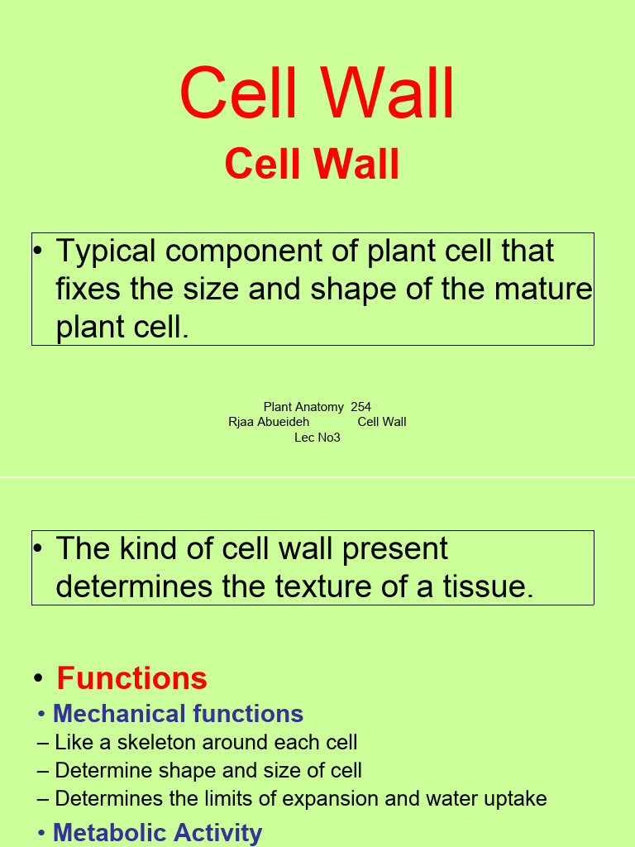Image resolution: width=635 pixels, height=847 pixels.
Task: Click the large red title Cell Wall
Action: pyautogui.click(x=317, y=94)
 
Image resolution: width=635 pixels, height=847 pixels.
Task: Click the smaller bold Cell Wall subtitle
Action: pyautogui.click(x=312, y=164)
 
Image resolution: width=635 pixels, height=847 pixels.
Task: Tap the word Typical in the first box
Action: pyautogui.click(x=109, y=252)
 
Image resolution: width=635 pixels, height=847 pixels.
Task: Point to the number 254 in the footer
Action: pyautogui.click(x=360, y=407)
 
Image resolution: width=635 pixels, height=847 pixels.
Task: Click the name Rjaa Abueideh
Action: pyautogui.click(x=269, y=422)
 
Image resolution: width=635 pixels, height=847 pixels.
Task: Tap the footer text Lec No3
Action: pyautogui.click(x=317, y=438)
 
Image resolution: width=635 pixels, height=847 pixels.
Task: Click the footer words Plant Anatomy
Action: pyautogui.click(x=303, y=407)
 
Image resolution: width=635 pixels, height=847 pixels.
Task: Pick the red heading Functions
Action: pyautogui.click(x=131, y=678)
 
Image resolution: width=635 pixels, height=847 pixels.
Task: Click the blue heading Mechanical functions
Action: pyautogui.click(x=178, y=714)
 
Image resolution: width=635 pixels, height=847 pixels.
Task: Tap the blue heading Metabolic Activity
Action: pyautogui.click(x=157, y=832)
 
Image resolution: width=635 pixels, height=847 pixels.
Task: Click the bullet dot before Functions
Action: pyautogui.click(x=38, y=679)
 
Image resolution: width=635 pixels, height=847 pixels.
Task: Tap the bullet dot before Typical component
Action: pyautogui.click(x=38, y=251)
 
